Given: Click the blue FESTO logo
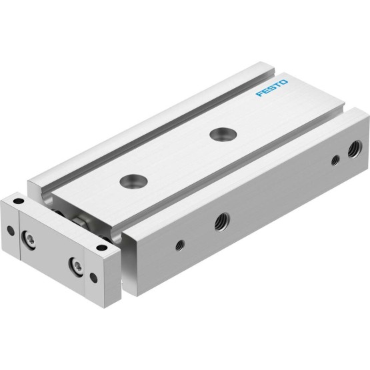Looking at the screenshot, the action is point(272,88).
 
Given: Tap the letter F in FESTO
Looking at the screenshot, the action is point(259,94).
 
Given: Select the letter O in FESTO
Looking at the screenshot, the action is point(283,83).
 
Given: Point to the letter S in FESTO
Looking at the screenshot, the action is point(272,88).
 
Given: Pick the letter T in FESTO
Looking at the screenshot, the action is point(278,85).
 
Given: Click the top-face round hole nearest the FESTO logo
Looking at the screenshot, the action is point(223,134).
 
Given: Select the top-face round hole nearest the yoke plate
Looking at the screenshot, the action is point(133,181).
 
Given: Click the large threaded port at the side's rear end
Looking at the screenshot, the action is point(355,149).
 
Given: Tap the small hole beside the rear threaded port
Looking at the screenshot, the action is point(335,160).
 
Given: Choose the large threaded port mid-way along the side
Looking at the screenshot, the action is point(222,222).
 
